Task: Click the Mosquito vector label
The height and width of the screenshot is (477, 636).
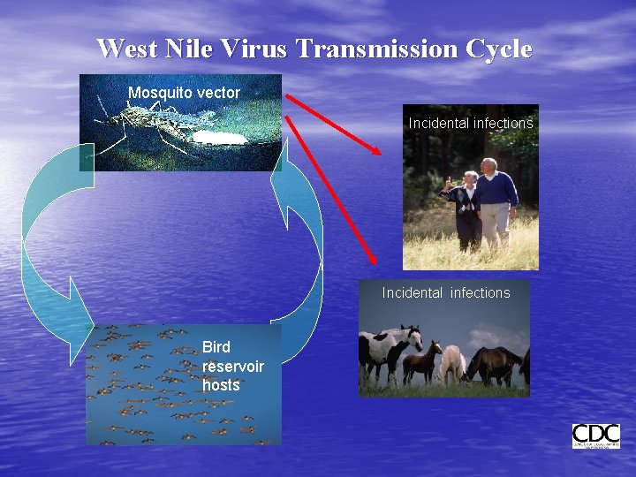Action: point(184,93)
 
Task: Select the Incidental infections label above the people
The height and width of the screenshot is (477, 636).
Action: point(471,124)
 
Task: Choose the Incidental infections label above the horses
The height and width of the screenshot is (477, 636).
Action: point(446,292)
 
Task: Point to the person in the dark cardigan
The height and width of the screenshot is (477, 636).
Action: point(466,208)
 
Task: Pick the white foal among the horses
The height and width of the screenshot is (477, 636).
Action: point(452,362)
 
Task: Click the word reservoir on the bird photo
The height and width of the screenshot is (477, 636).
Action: point(232,367)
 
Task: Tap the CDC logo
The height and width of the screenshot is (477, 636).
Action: point(595,436)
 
